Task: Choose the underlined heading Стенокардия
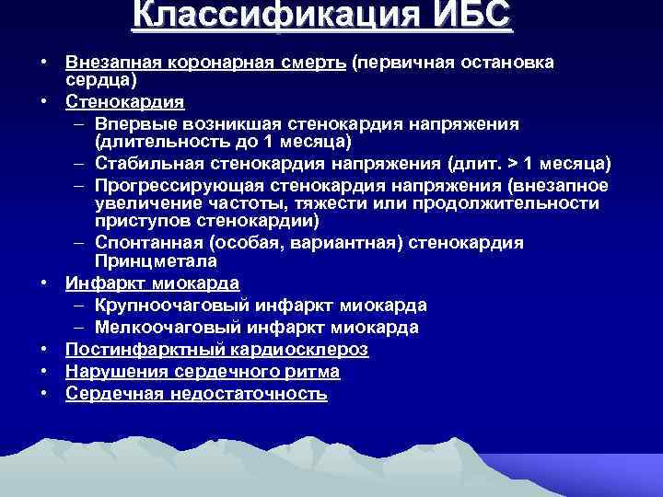point(124,101)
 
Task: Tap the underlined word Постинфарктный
point(137,350)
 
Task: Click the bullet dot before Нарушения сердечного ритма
point(44,372)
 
